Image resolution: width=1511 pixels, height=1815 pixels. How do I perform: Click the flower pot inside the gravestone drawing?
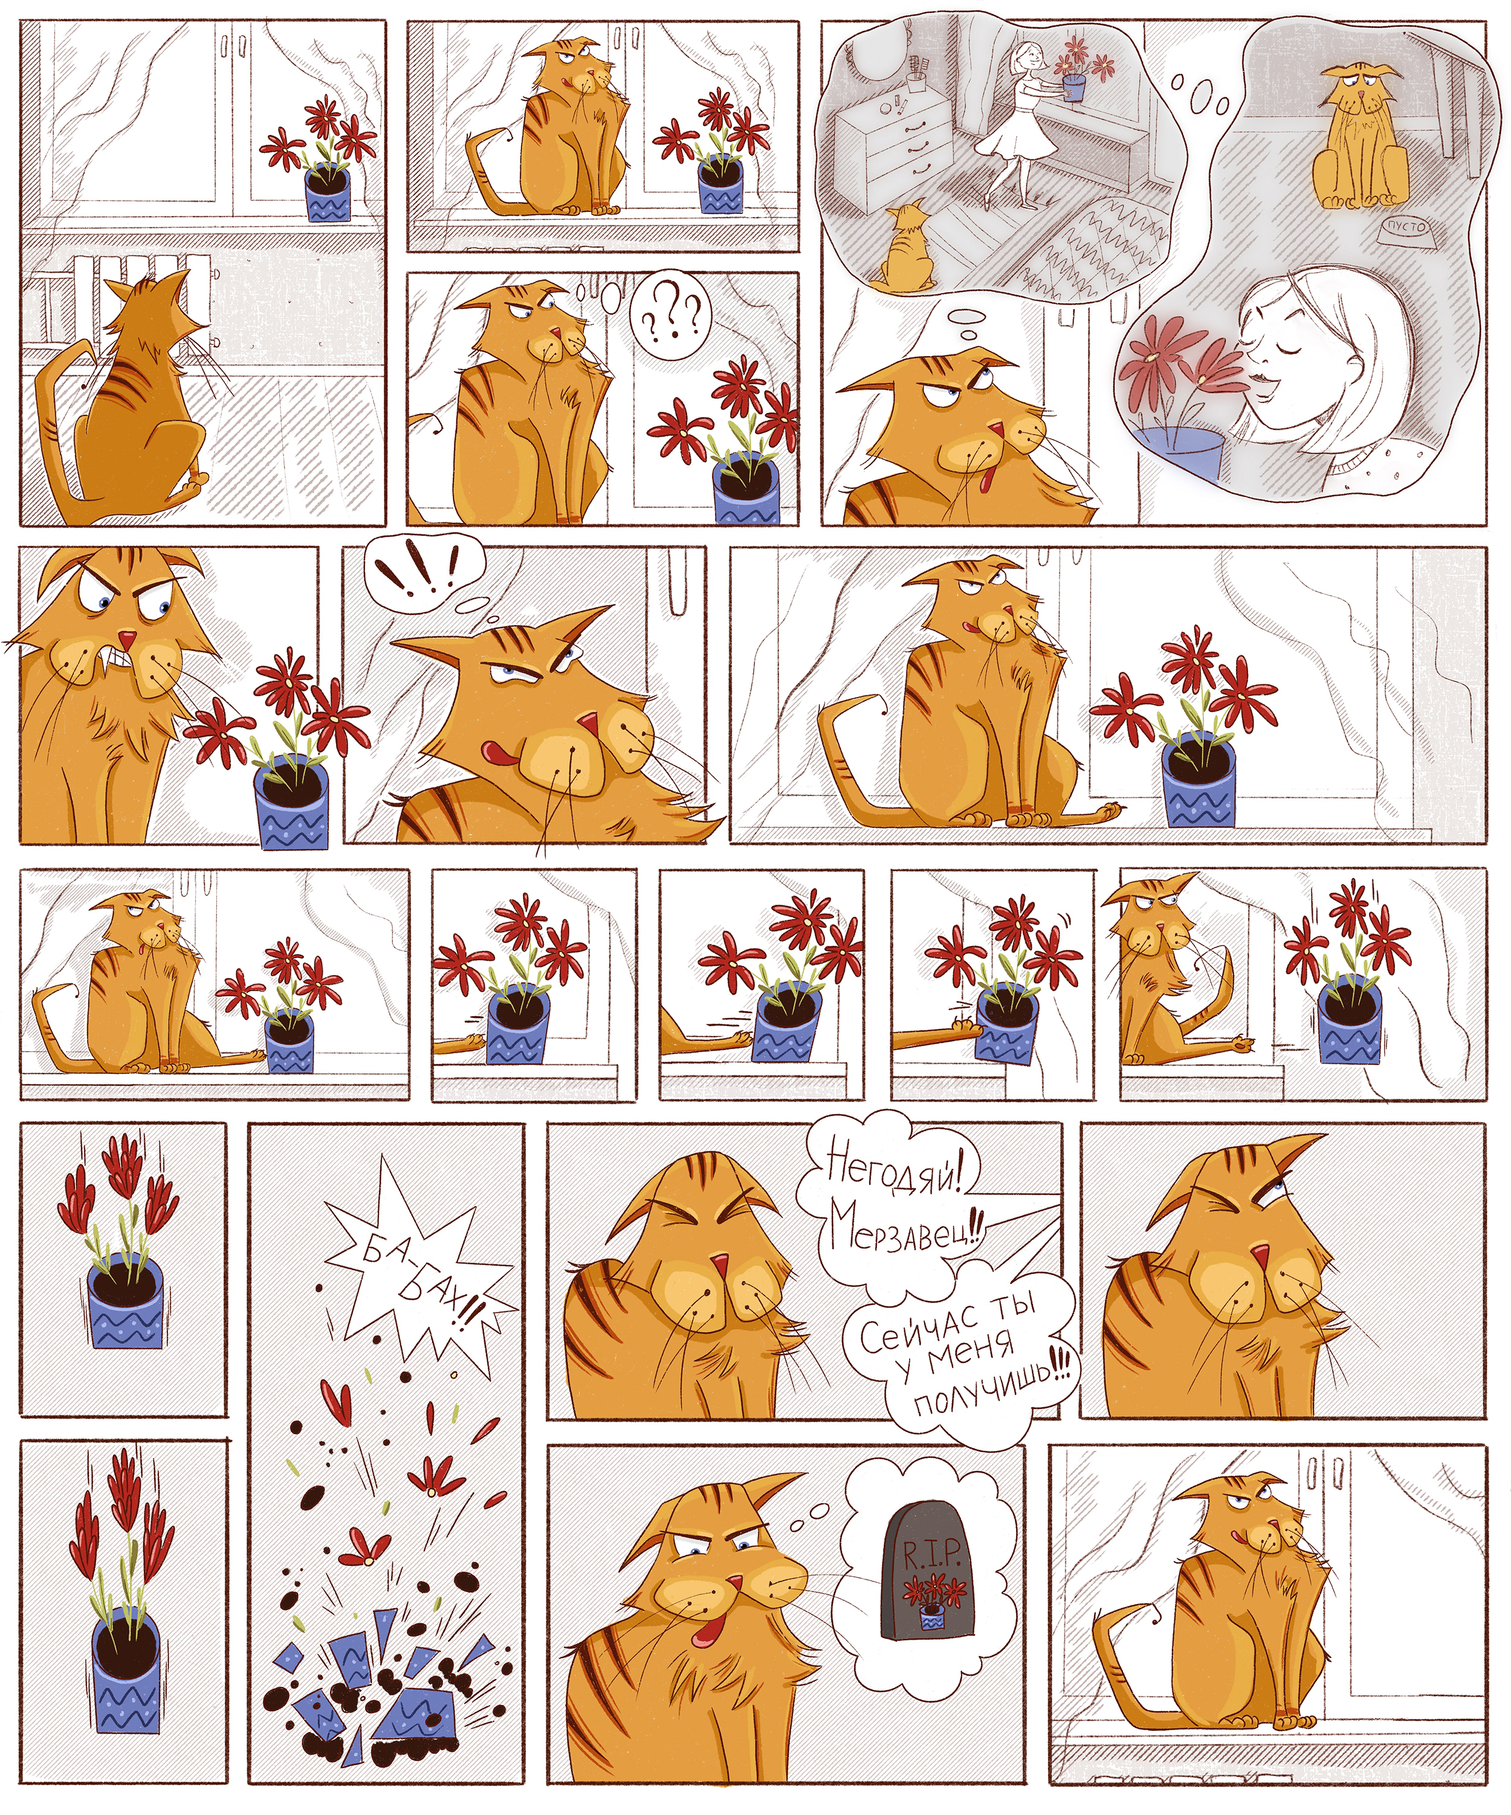click(931, 1616)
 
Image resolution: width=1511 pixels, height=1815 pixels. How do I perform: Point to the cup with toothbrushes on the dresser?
click(916, 76)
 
